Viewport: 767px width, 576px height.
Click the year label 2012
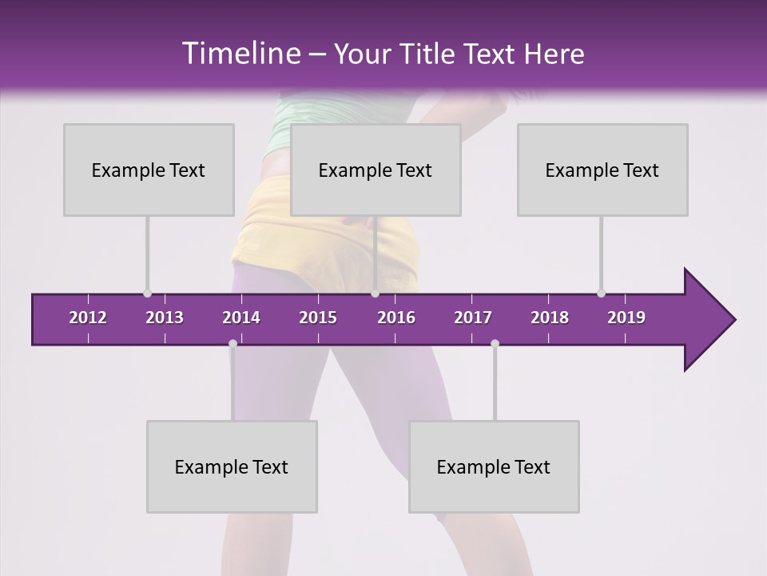[88, 318]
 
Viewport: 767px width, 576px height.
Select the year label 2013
[165, 318]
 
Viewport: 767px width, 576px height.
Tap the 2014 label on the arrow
[241, 318]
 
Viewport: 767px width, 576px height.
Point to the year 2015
[318, 318]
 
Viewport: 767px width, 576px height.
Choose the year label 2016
[396, 318]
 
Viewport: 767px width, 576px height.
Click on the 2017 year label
[473, 318]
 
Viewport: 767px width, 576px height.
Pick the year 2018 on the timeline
[550, 318]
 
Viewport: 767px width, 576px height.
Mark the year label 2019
[626, 318]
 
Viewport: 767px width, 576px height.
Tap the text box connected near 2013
[149, 170]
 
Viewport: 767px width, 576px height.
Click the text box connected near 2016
[376, 170]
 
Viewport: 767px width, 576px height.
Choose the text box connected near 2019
[602, 170]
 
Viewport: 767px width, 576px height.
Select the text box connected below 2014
[232, 466]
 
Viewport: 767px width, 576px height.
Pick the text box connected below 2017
[494, 466]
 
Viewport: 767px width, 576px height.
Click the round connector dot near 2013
[147, 294]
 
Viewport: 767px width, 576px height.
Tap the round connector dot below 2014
[232, 344]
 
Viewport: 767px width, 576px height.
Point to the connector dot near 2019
[601, 294]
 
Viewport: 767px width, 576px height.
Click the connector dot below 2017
[495, 344]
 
